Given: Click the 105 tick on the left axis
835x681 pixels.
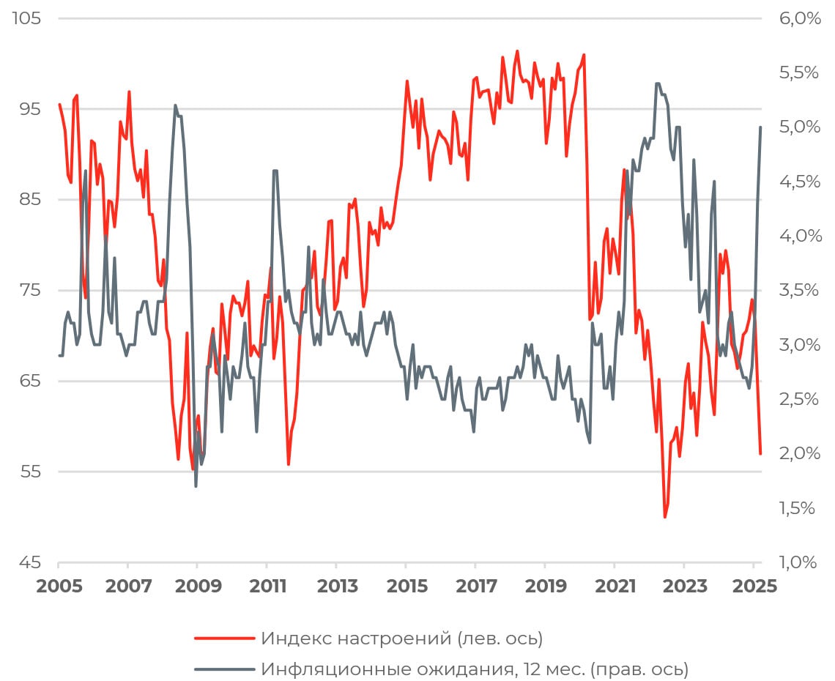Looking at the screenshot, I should (x=26, y=18).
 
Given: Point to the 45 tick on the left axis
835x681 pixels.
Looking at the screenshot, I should (x=27, y=562).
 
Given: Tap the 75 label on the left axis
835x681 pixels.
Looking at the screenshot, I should (x=27, y=290).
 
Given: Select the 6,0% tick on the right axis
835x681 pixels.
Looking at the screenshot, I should (x=800, y=18).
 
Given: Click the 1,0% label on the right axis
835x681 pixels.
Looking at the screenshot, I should (x=800, y=562).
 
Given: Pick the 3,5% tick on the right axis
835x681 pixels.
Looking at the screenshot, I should (x=800, y=290).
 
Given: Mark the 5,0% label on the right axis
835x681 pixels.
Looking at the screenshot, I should (x=800, y=127).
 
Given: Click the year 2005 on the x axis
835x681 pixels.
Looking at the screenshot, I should (x=58, y=587).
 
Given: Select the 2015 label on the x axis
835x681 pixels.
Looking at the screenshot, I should (x=406, y=587).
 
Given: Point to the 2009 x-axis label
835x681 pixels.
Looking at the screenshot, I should (x=197, y=587).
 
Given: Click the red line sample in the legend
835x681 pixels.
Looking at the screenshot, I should (x=224, y=639).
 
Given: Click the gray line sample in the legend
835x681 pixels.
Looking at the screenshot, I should (x=224, y=669).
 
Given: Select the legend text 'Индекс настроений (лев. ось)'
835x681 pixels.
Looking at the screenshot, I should (x=401, y=639).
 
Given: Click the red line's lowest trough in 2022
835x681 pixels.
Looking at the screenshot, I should (x=665, y=517).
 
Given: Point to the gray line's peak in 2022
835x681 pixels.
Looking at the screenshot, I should (x=657, y=83).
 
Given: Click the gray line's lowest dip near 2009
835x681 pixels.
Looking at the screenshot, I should (x=196, y=486).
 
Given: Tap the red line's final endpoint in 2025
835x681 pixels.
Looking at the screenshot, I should (x=761, y=454).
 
